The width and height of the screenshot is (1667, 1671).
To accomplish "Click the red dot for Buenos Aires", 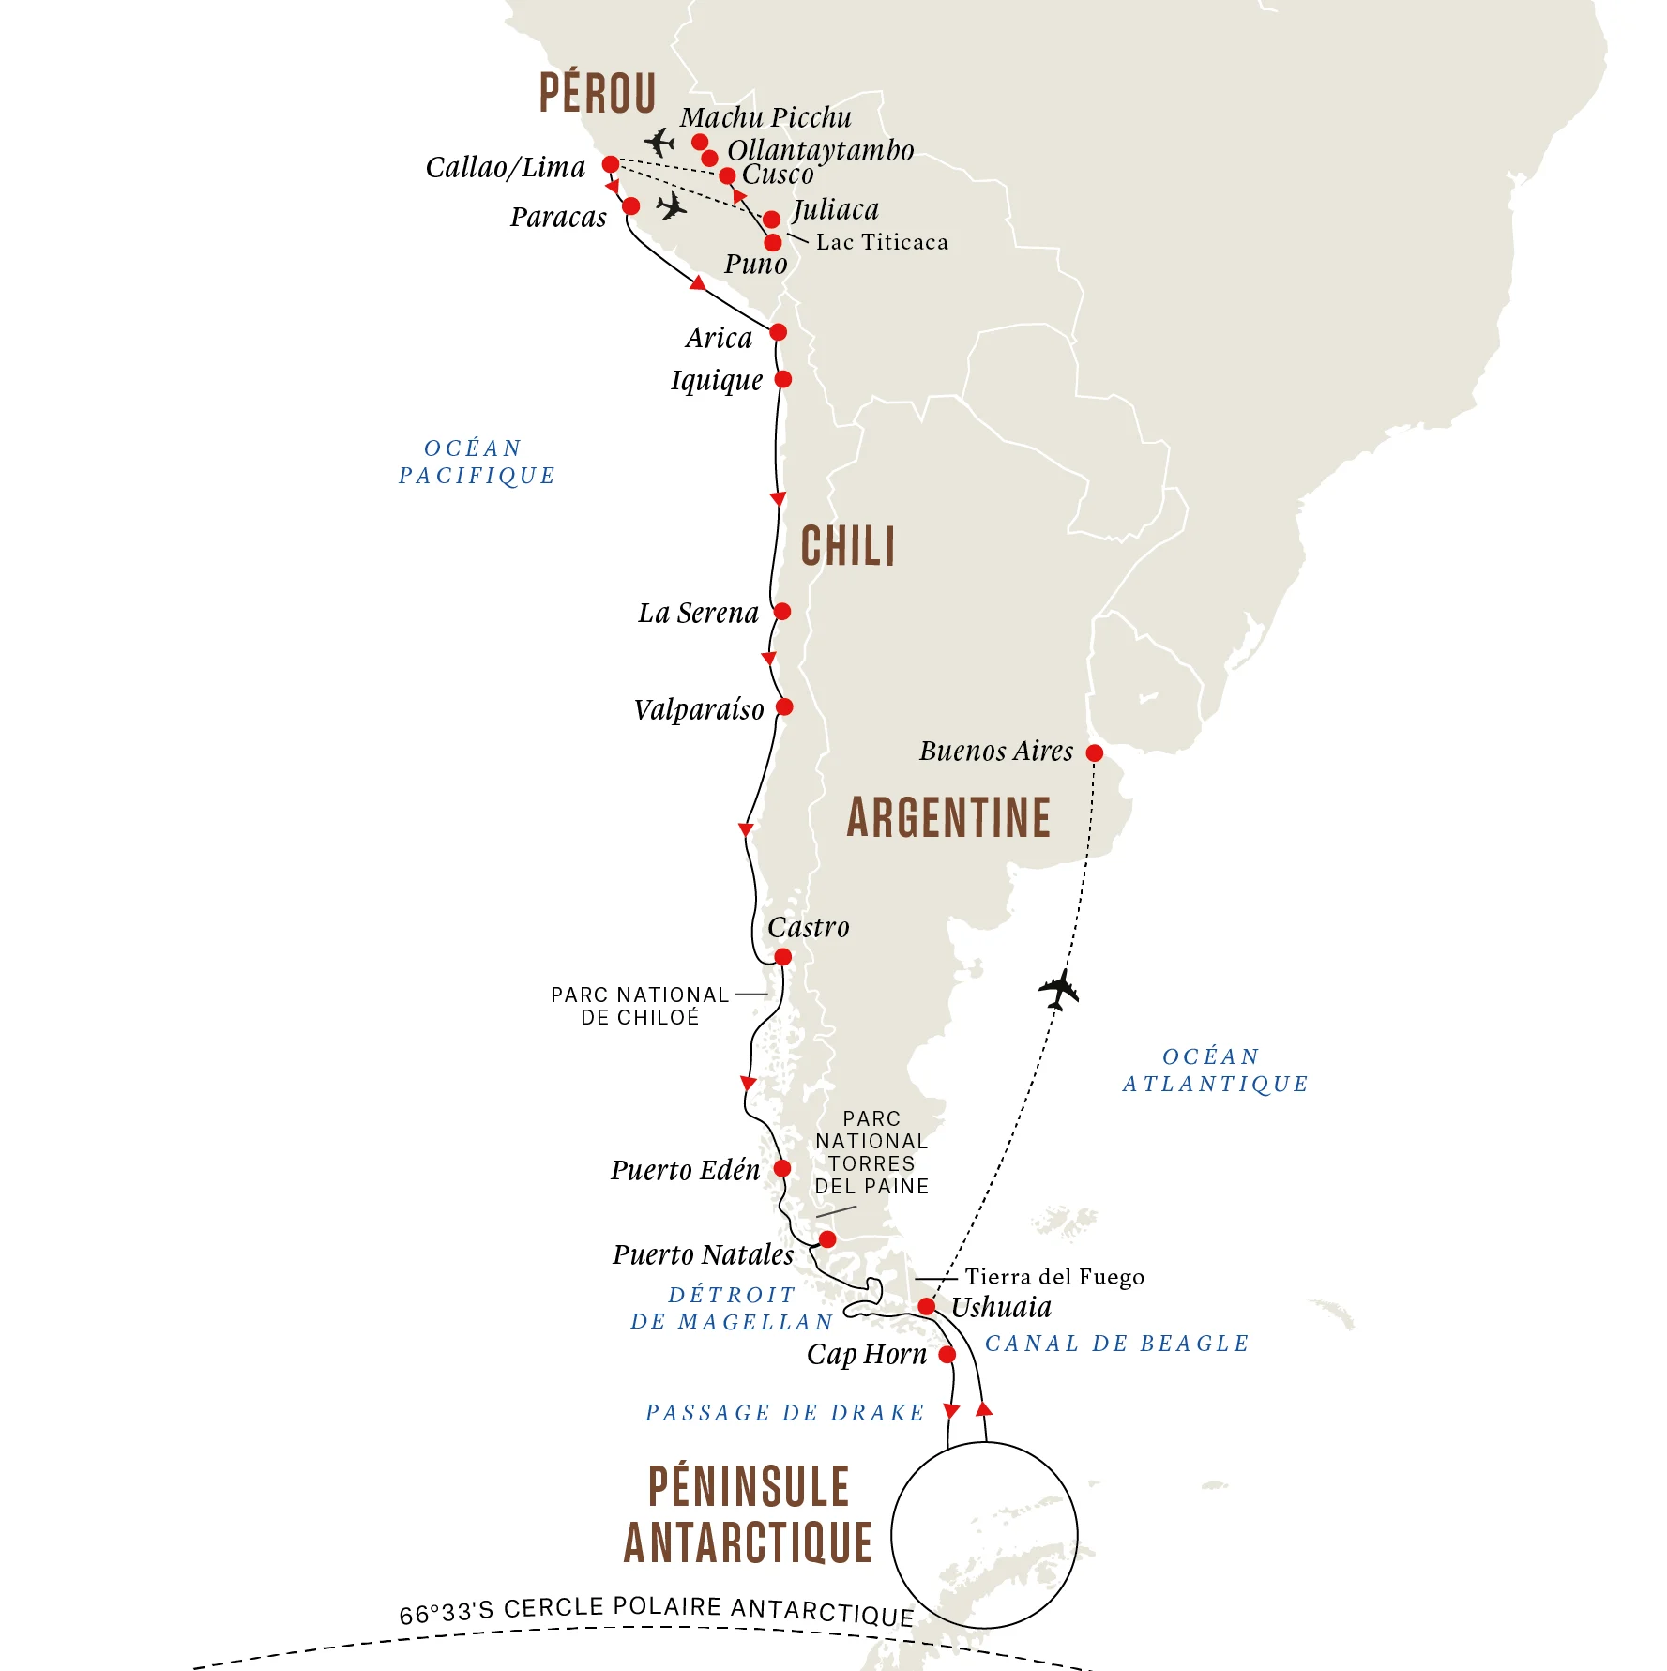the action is point(1094,752).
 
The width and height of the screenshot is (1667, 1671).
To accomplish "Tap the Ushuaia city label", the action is point(1001,1307).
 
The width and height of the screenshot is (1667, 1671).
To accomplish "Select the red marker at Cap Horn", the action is point(947,1354).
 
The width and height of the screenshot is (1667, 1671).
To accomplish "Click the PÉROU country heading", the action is point(598,93).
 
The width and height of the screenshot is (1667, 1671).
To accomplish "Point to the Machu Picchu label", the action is point(765,117).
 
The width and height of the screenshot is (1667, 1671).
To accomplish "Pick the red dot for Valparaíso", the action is point(784,706).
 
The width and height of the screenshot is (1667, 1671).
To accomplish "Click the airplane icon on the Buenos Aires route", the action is point(1059,989).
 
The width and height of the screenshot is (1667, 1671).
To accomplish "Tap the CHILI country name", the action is point(848,546).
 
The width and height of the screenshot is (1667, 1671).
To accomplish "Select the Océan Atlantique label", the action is point(1215,1071).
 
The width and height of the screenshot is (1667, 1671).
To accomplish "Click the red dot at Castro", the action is point(782,957).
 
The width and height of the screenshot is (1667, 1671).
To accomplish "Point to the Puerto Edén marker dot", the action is point(781,1168).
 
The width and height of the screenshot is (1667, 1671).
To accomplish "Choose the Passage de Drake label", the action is point(785,1413).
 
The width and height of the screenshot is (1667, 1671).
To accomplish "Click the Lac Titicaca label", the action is point(882,242).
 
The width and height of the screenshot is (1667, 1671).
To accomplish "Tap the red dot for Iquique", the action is point(782,379).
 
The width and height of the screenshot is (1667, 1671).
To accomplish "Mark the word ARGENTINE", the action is point(948,817).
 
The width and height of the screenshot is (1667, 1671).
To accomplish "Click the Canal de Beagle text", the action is point(1116,1344).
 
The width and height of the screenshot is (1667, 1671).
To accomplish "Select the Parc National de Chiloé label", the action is point(640,1006).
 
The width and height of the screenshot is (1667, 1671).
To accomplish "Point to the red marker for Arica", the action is point(778,332).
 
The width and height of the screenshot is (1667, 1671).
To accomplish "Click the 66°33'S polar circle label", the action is point(657,1611).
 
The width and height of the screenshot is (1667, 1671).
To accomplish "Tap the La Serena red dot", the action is point(782,612).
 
